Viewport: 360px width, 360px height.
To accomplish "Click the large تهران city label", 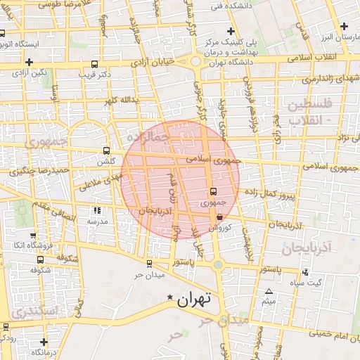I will point(195,300).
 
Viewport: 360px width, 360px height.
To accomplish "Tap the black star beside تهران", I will point(169,299).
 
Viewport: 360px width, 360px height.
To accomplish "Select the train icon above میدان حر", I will point(149,264).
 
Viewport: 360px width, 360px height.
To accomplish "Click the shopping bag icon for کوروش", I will point(220,218).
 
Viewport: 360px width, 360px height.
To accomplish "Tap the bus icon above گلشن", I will point(106,150).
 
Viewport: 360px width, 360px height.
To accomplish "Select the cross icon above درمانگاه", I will point(44,342).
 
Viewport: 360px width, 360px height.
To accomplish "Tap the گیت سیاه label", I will point(308,282).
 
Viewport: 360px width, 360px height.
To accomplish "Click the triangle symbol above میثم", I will point(268,291).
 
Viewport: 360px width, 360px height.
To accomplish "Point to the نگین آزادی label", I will point(32,73).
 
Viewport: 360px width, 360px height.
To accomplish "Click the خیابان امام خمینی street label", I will point(330,332).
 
